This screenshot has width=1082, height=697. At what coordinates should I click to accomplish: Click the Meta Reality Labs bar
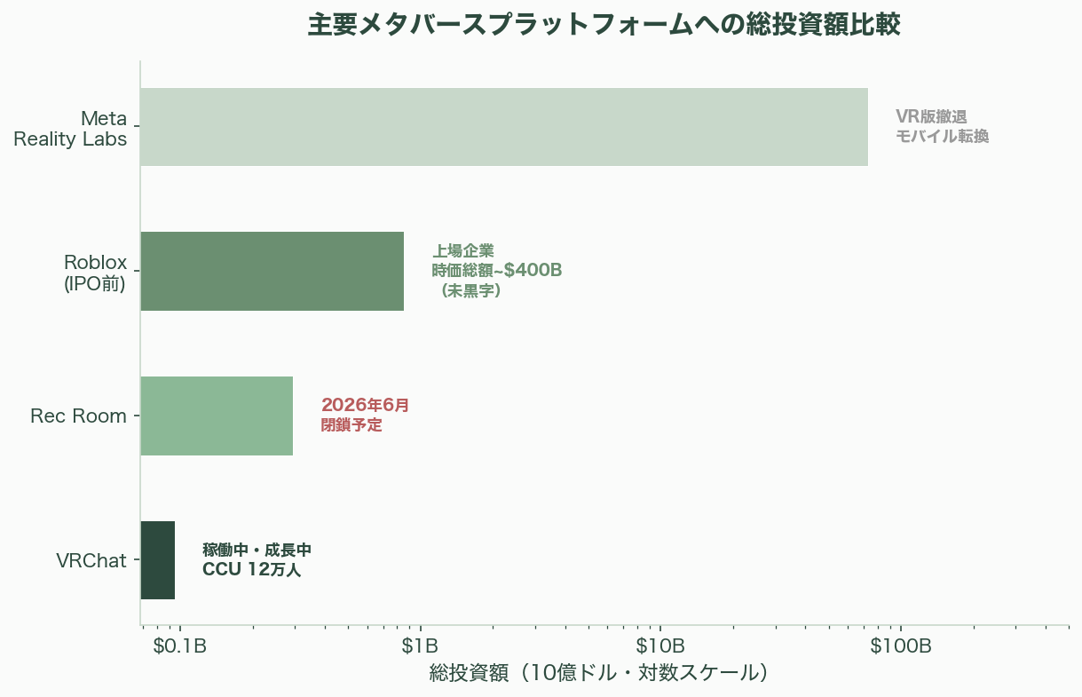[503, 127]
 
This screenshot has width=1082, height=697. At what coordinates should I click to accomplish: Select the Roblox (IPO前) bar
[272, 271]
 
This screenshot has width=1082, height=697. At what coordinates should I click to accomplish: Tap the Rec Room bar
[217, 416]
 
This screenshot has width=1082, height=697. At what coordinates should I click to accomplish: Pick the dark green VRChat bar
[158, 560]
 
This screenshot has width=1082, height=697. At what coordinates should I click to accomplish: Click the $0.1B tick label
[180, 646]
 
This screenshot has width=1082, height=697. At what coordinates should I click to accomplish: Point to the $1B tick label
[420, 646]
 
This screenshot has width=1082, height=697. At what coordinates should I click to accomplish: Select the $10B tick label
[660, 646]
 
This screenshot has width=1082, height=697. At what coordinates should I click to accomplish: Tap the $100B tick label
[900, 646]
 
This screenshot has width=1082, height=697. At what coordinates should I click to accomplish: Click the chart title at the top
[604, 25]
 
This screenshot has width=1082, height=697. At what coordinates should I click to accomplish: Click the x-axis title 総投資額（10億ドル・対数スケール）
[597, 673]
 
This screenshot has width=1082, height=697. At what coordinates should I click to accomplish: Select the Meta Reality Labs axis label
[71, 128]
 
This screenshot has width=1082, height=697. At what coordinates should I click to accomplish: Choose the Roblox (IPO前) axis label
[95, 273]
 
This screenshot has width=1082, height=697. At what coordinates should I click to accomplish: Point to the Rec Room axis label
[78, 416]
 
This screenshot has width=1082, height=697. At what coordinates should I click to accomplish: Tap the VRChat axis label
[91, 560]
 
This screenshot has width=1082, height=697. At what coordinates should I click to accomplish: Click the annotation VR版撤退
[931, 116]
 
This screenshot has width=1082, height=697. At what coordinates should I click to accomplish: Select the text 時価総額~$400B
[497, 270]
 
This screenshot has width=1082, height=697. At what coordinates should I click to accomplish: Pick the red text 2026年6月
[365, 405]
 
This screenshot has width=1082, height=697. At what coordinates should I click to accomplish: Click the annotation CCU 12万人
[252, 570]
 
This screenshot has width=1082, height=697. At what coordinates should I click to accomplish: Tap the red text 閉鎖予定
[351, 425]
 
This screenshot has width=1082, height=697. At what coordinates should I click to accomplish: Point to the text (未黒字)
[470, 290]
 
